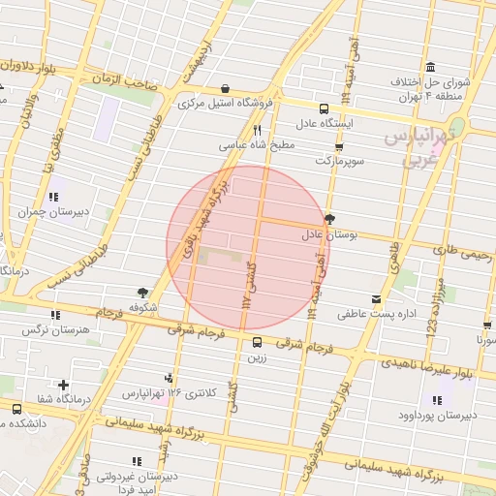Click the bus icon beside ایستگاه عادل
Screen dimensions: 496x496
pyautogui.click(x=324, y=108)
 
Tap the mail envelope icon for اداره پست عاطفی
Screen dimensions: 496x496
pyautogui.click(x=376, y=298)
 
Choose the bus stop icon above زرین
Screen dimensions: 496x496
pyautogui.click(x=257, y=342)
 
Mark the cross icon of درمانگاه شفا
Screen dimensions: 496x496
pyautogui.click(x=64, y=386)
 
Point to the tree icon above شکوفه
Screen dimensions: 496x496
pyautogui.click(x=143, y=292)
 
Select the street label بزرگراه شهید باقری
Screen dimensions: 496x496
pyautogui.click(x=199, y=216)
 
